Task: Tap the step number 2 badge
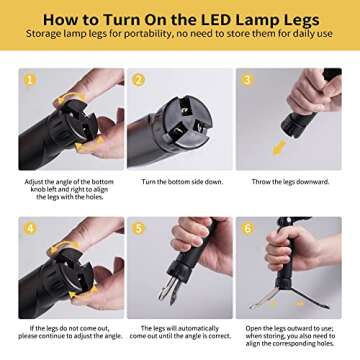coord(139,80)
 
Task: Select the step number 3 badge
coord(248,80)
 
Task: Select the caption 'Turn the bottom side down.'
coord(180,182)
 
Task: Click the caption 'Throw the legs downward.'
coord(289,182)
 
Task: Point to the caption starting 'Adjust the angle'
coord(71,190)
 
